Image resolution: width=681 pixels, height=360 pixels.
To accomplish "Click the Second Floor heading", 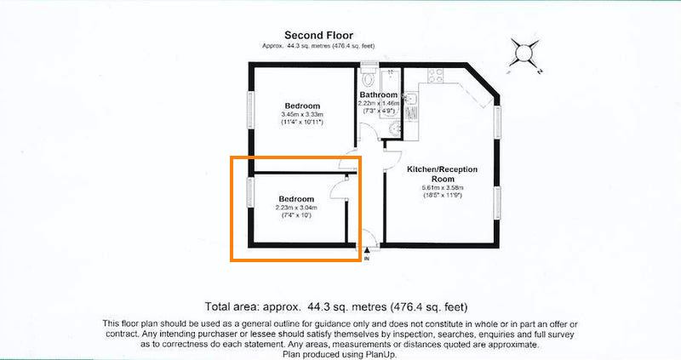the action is tap(318, 35).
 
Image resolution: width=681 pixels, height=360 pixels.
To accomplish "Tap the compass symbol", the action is tap(524, 54).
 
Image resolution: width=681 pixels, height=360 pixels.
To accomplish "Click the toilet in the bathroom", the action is tap(369, 78).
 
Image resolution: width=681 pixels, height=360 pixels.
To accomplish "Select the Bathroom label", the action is tap(378, 94).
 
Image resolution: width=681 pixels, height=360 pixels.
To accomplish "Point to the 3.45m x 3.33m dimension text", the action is tap(302, 114).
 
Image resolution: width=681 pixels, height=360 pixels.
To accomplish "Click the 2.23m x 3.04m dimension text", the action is tap(296, 208).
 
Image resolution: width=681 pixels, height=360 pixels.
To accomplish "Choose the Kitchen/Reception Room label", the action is tap(442, 174).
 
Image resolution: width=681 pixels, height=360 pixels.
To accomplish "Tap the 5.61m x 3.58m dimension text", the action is tap(443, 188).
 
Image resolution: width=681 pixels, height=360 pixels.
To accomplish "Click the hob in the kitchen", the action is tap(436, 76).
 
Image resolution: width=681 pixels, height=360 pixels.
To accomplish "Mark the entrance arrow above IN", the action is tap(367, 250).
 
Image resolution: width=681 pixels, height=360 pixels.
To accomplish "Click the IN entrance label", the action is tap(367, 259).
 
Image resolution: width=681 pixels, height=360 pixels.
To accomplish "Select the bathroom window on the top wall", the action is tap(369, 66).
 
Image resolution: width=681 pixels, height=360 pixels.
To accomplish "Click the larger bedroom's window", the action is tap(250, 110).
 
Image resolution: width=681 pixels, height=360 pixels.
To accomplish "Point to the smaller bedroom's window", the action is tap(250, 192).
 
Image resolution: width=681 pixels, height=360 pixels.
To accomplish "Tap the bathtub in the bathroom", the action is tap(390, 94).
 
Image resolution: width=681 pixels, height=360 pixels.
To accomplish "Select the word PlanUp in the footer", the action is tap(382, 354).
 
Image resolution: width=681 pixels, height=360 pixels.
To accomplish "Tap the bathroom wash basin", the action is tap(394, 129).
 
